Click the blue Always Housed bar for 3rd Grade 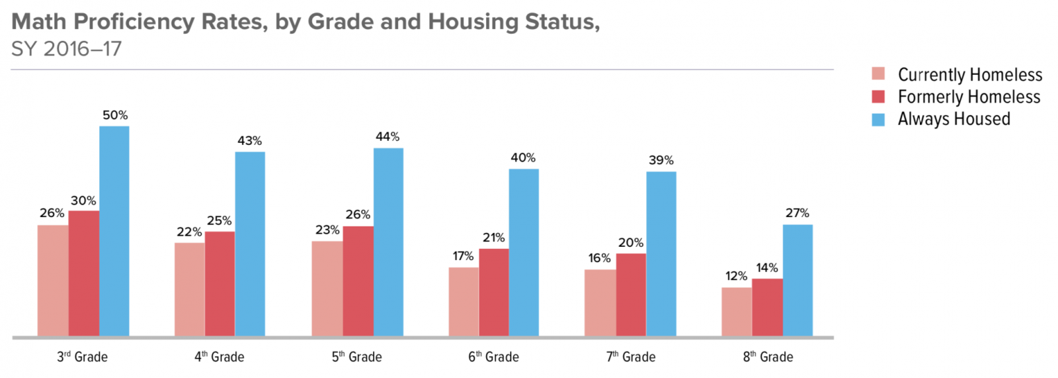pos(114,231)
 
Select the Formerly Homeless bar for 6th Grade pos(494,292)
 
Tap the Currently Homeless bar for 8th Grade pos(737,312)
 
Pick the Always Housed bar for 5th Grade pos(388,242)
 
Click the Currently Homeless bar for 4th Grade pos(190,289)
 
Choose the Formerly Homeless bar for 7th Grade pos(631,295)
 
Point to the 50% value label pos(115,115)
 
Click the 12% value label pos(736,276)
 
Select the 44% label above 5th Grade pos(387,137)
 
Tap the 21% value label pos(493,238)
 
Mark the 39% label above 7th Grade pos(661,160)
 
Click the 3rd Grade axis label pos(82,357)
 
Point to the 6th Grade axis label pos(493,357)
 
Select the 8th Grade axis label pos(768,357)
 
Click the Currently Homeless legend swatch pos(878,73)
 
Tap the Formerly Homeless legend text pos(969,97)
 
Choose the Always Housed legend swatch pos(878,120)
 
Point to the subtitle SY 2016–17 pos(66,49)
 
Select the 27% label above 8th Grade pos(797,213)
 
